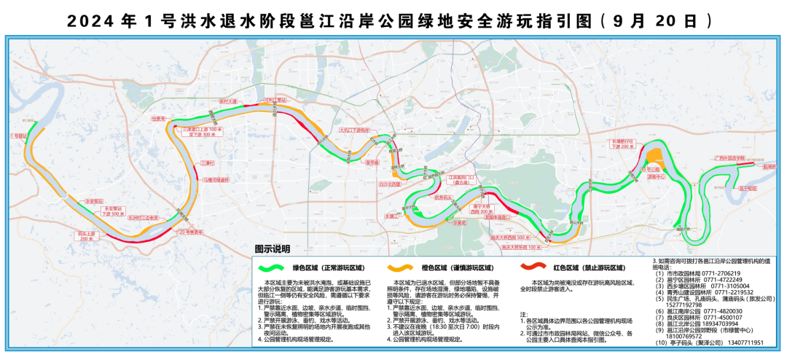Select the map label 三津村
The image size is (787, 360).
pos(207,163)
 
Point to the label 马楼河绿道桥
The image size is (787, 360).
pos(216,179)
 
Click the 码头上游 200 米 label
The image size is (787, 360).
pos(87,236)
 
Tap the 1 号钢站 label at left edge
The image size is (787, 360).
pos(18,136)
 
